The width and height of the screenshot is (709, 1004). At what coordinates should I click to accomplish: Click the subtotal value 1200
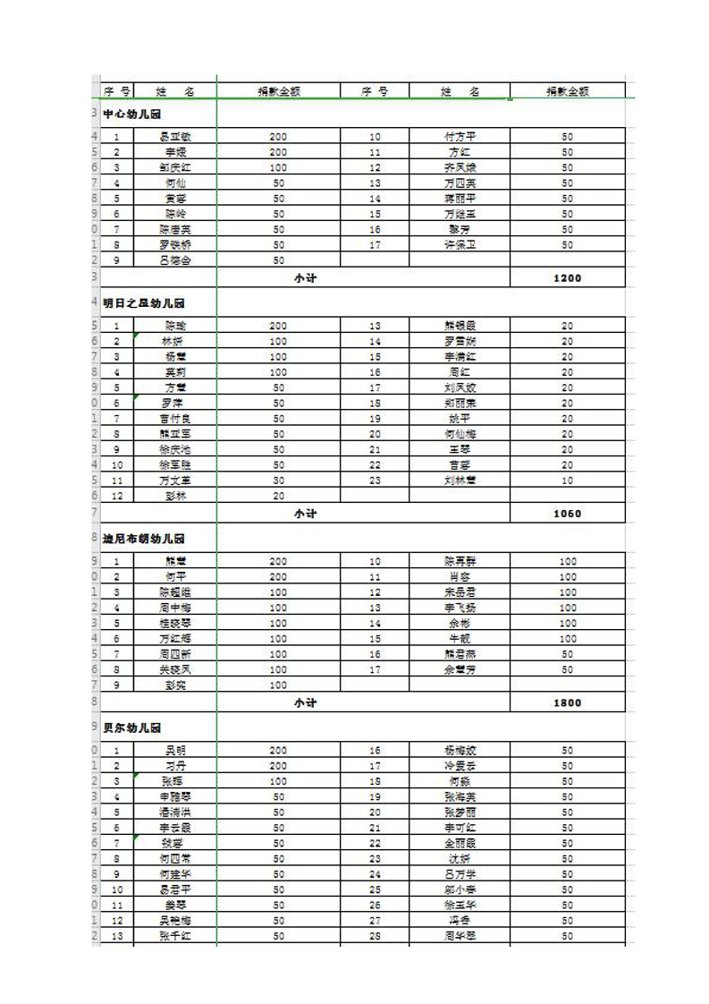[x=567, y=278]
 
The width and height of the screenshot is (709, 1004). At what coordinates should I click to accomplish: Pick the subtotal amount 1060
[x=567, y=514]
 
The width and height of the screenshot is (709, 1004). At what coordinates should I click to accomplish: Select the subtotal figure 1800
[x=567, y=702]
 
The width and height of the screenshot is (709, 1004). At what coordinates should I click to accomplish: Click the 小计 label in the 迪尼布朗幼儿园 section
[x=305, y=702]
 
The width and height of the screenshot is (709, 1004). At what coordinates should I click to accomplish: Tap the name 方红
[x=460, y=152]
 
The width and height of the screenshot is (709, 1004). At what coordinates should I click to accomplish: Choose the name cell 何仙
[x=175, y=183]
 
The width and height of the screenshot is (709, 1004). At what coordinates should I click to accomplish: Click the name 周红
[x=460, y=371]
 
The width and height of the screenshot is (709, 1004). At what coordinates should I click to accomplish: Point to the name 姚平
[x=460, y=418]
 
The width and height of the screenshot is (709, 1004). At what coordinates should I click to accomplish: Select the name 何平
[x=175, y=576]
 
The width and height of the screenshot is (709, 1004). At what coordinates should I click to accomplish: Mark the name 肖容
[x=460, y=576]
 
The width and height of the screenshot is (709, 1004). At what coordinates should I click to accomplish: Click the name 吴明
[x=175, y=750]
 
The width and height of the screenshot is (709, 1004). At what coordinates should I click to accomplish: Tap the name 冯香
[x=460, y=920]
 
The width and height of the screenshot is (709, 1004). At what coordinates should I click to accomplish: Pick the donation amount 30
[x=278, y=481]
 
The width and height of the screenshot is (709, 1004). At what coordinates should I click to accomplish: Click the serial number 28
[x=375, y=935]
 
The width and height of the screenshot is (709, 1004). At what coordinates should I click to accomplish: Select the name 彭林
[x=175, y=496]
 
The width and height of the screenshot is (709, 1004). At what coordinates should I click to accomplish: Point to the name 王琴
[x=460, y=449]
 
